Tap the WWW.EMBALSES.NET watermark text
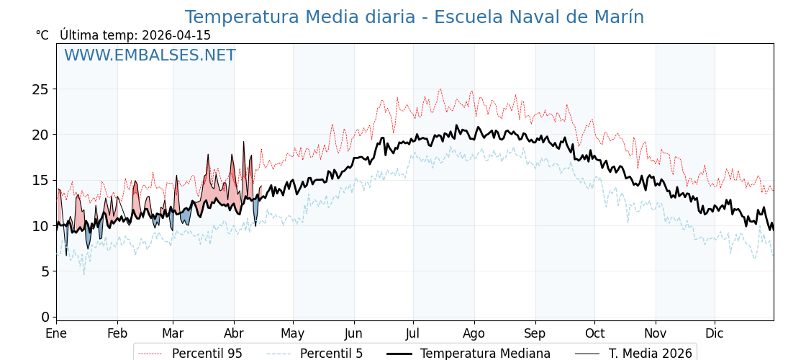pyautogui.click(x=150, y=55)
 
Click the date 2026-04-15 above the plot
pyautogui.click(x=176, y=35)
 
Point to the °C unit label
pyautogui.click(x=42, y=35)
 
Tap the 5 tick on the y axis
pyautogui.click(x=45, y=271)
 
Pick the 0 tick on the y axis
pyautogui.click(x=45, y=317)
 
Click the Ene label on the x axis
pyautogui.click(x=56, y=333)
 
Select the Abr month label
pyautogui.click(x=234, y=333)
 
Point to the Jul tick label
pyautogui.click(x=413, y=333)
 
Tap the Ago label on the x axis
pyautogui.click(x=474, y=333)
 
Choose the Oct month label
pyautogui.click(x=594, y=333)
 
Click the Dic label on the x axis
pyautogui.click(x=715, y=333)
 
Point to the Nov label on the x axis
pyautogui.click(x=656, y=333)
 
